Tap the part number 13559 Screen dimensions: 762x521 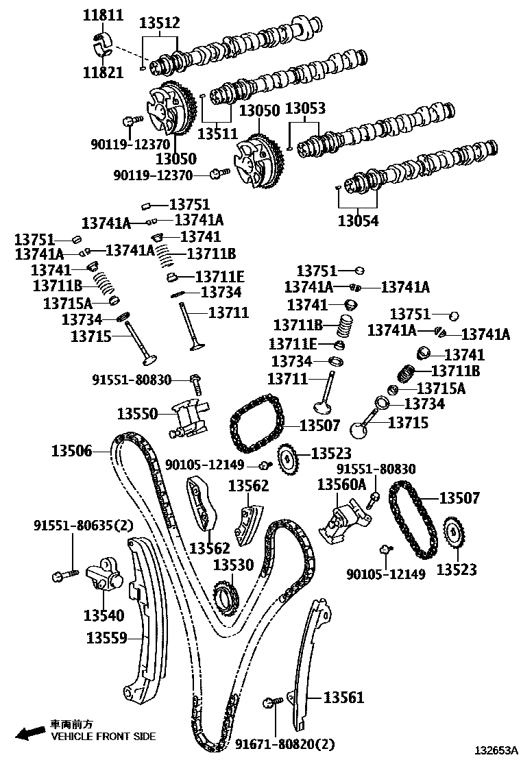click(106, 638)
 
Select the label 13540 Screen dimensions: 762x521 click(104, 616)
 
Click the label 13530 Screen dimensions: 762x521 click(233, 565)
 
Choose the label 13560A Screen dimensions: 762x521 click(341, 485)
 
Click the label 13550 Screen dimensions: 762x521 click(137, 413)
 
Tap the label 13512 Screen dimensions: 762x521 click(159, 23)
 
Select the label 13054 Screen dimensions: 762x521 click(358, 221)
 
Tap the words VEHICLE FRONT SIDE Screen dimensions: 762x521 click(104, 737)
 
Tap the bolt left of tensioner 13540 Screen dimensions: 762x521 click(58, 576)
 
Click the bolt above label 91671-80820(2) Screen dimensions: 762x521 click(271, 702)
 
